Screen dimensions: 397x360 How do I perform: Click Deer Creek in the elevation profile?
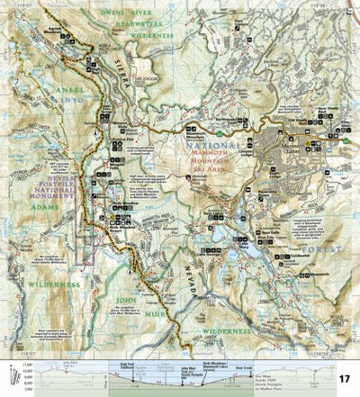pyautogui.click(x=219, y=364)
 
